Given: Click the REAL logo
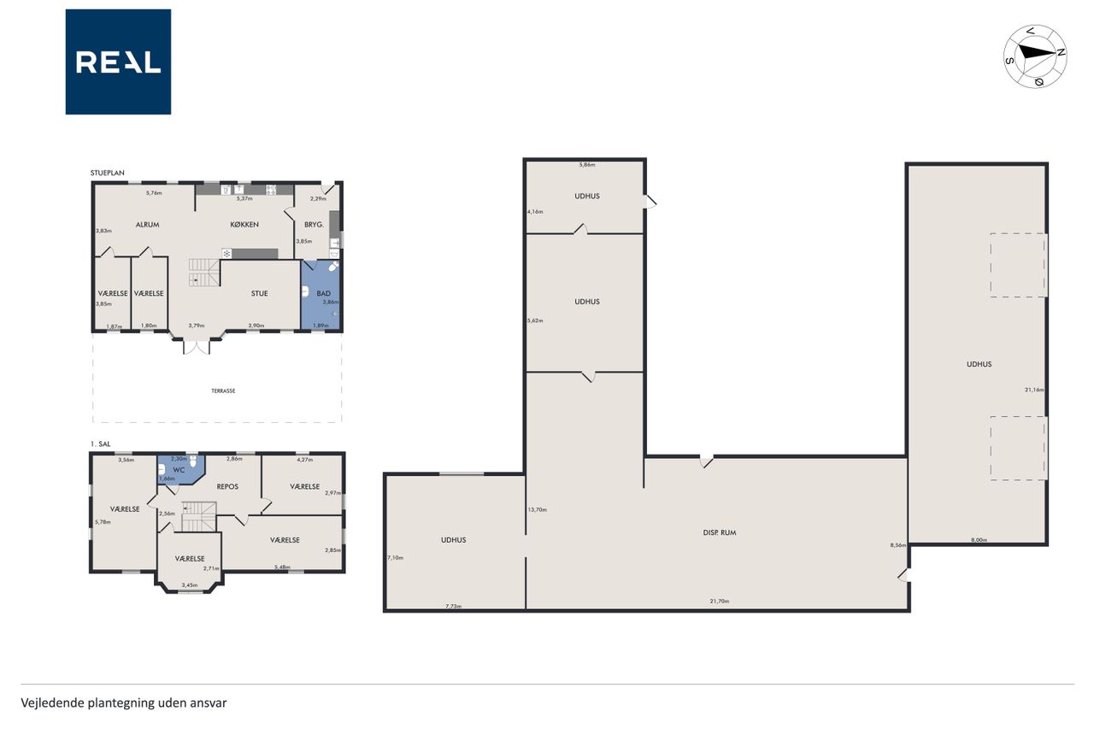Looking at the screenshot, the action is [118, 62].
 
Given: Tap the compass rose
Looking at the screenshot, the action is [1035, 56].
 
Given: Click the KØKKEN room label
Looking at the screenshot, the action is [244, 225].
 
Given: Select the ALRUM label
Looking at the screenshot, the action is [148, 225].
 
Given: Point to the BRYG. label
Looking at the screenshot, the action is [314, 225].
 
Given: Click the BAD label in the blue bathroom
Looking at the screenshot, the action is [323, 293].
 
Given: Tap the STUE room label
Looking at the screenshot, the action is [259, 293].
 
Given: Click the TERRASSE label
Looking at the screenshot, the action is [223, 391].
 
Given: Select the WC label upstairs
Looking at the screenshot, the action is [179, 470].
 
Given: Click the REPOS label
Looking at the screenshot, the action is [227, 487].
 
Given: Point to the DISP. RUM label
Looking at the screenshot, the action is [720, 532].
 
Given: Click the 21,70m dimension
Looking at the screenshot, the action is [720, 601].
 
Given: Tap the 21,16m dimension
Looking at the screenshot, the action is [1034, 390].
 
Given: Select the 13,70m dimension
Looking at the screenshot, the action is [538, 509].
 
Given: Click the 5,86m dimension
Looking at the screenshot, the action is [587, 165].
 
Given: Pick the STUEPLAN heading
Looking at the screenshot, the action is [108, 173].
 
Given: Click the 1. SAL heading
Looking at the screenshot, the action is [101, 444].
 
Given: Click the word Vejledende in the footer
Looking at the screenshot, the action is [52, 703].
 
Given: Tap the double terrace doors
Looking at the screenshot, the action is [197, 346].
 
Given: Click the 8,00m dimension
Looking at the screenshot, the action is [979, 540].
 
